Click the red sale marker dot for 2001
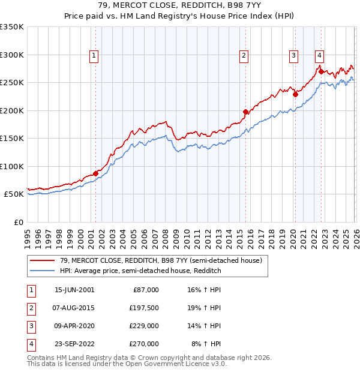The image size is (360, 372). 95,173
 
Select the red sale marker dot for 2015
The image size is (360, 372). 245,112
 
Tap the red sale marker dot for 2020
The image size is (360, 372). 295,94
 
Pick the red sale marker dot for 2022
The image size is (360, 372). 321,71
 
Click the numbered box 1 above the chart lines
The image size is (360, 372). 94,56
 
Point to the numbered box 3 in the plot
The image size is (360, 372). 293,56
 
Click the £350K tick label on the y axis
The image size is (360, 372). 11,27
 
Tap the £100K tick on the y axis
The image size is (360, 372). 11,166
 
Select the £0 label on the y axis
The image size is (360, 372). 17,222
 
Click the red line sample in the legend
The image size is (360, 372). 43,261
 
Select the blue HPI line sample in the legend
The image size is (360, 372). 43,271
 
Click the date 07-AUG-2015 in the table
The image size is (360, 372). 74,308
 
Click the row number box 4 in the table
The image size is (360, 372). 29,344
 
